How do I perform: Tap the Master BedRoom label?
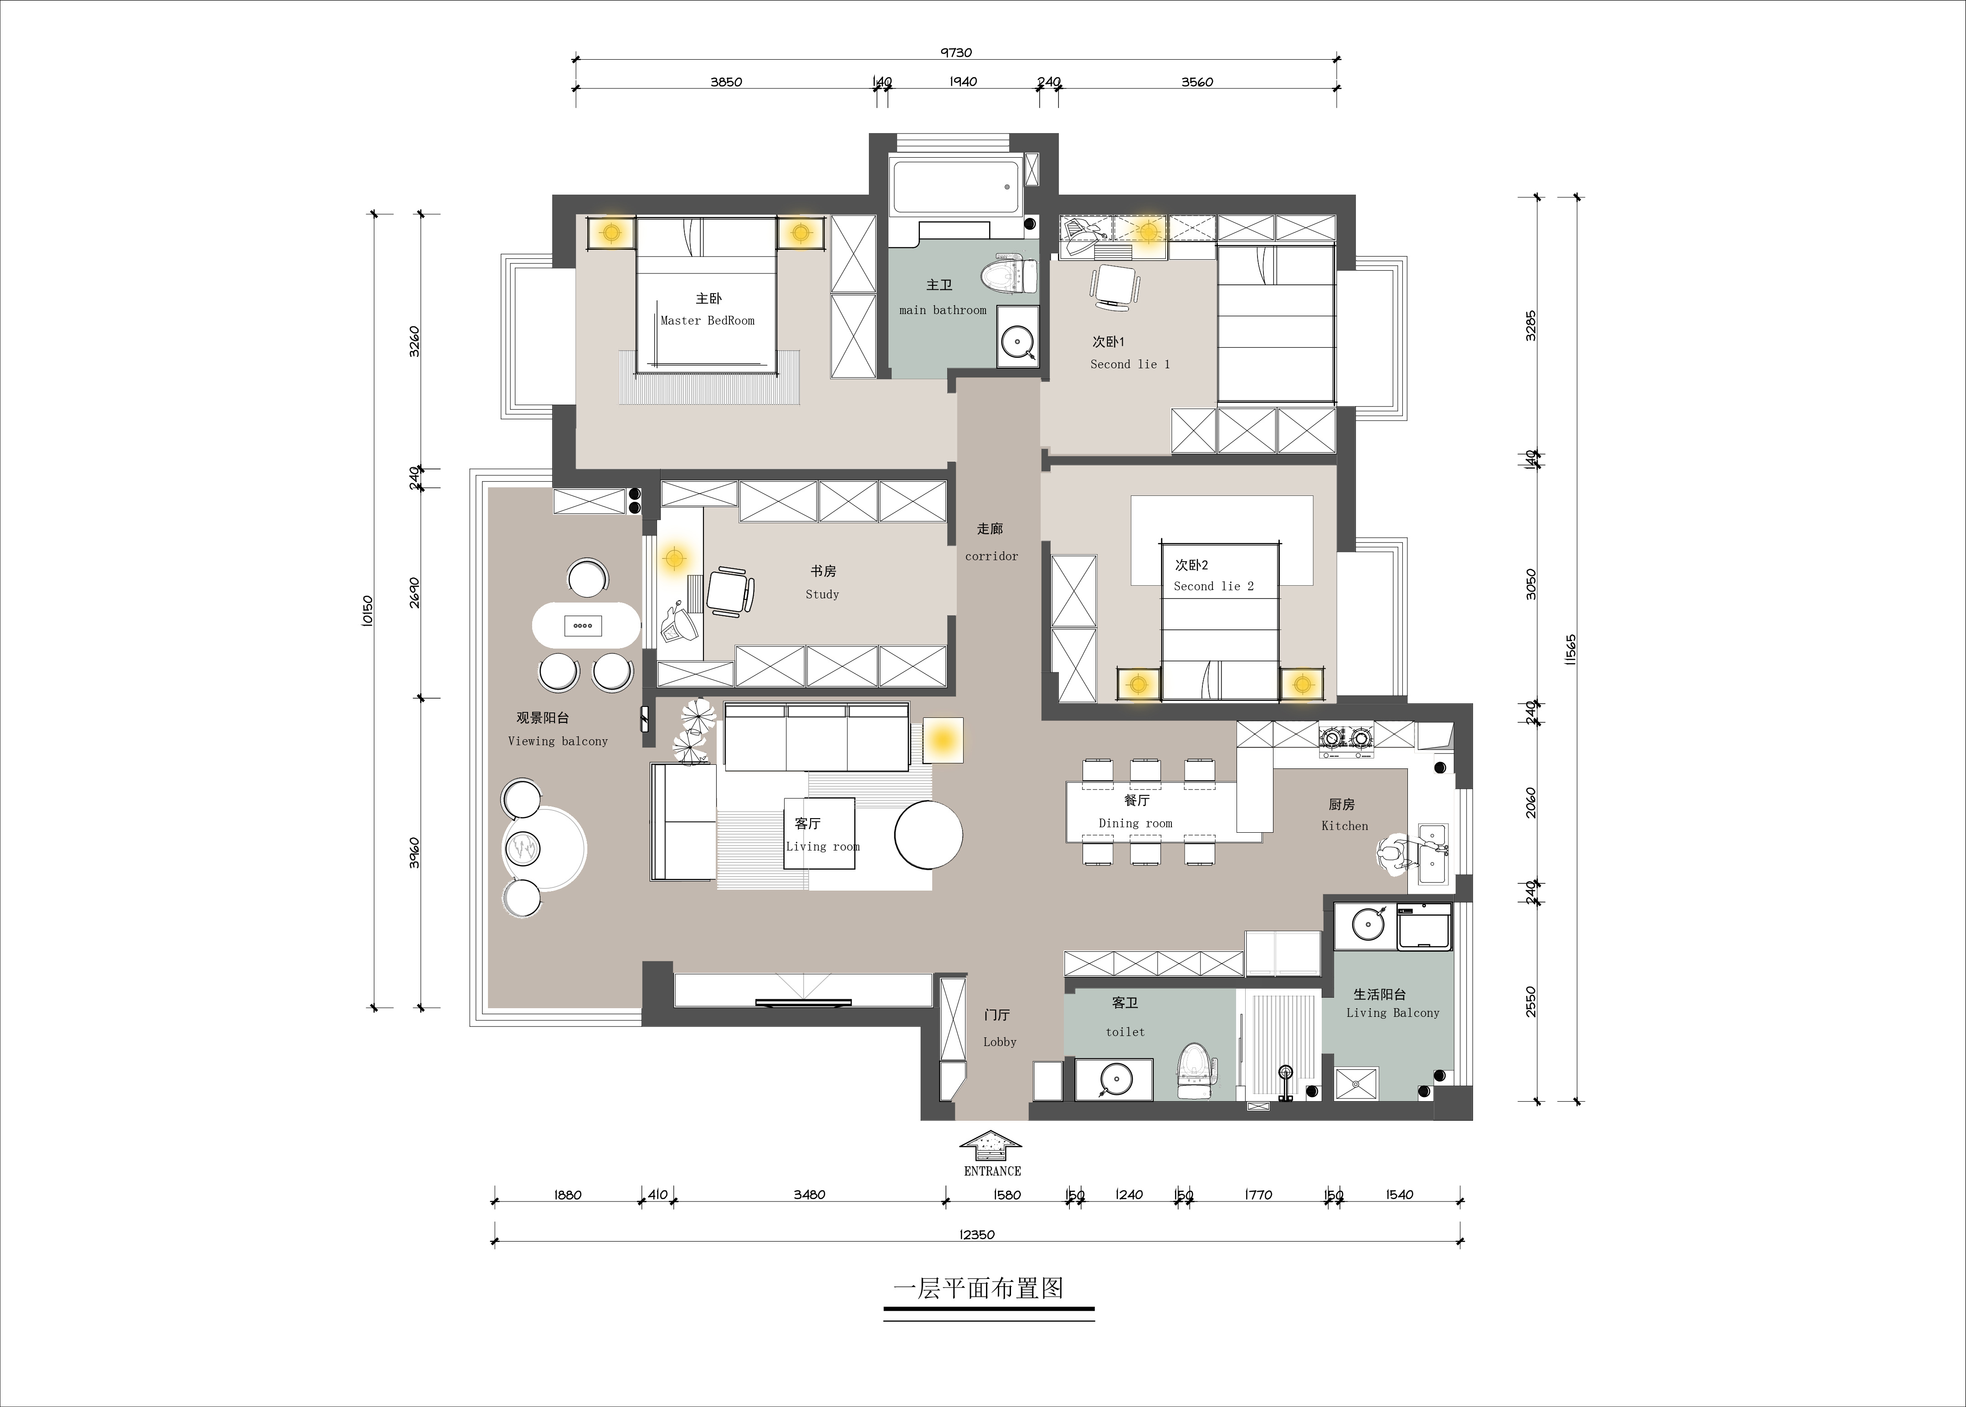pyautogui.click(x=708, y=320)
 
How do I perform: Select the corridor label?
pyautogui.click(x=992, y=556)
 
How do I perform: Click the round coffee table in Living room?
pyautogui.click(x=929, y=835)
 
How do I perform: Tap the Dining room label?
pyautogui.click(x=1135, y=823)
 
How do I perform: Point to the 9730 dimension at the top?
pyautogui.click(x=956, y=53)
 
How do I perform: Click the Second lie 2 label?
pyautogui.click(x=1213, y=587)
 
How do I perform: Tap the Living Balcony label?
pyautogui.click(x=1393, y=1013)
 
